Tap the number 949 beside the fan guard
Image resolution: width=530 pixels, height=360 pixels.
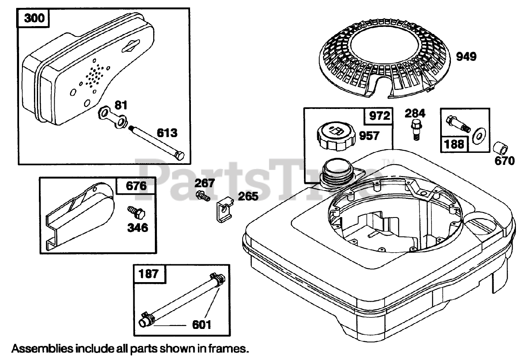tap(466, 57)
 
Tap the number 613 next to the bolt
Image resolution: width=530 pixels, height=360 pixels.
tap(166, 133)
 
